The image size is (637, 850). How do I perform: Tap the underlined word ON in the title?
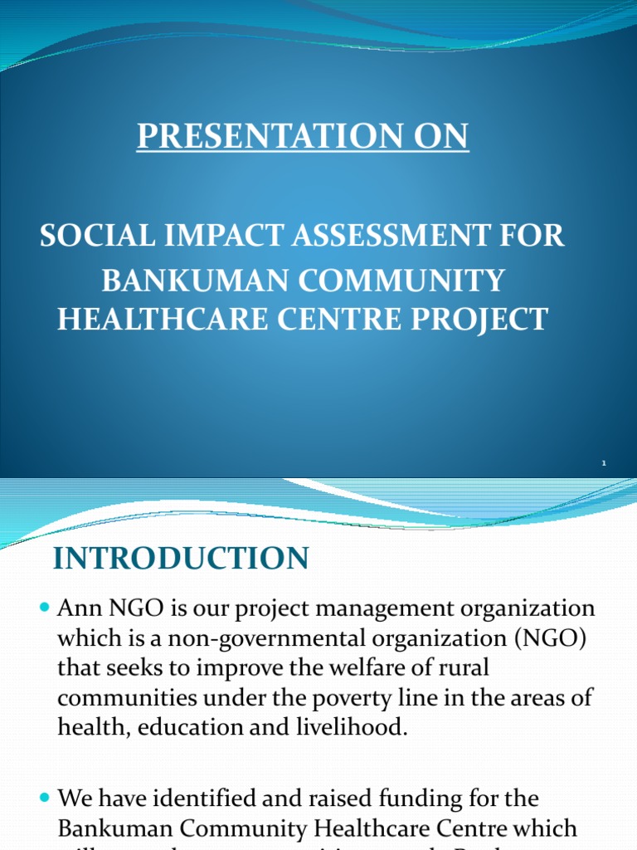pos(440,137)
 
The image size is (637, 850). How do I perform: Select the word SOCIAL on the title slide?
pos(90,237)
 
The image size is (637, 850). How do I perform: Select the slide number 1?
pos(604,463)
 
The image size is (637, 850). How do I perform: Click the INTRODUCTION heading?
pos(181,559)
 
